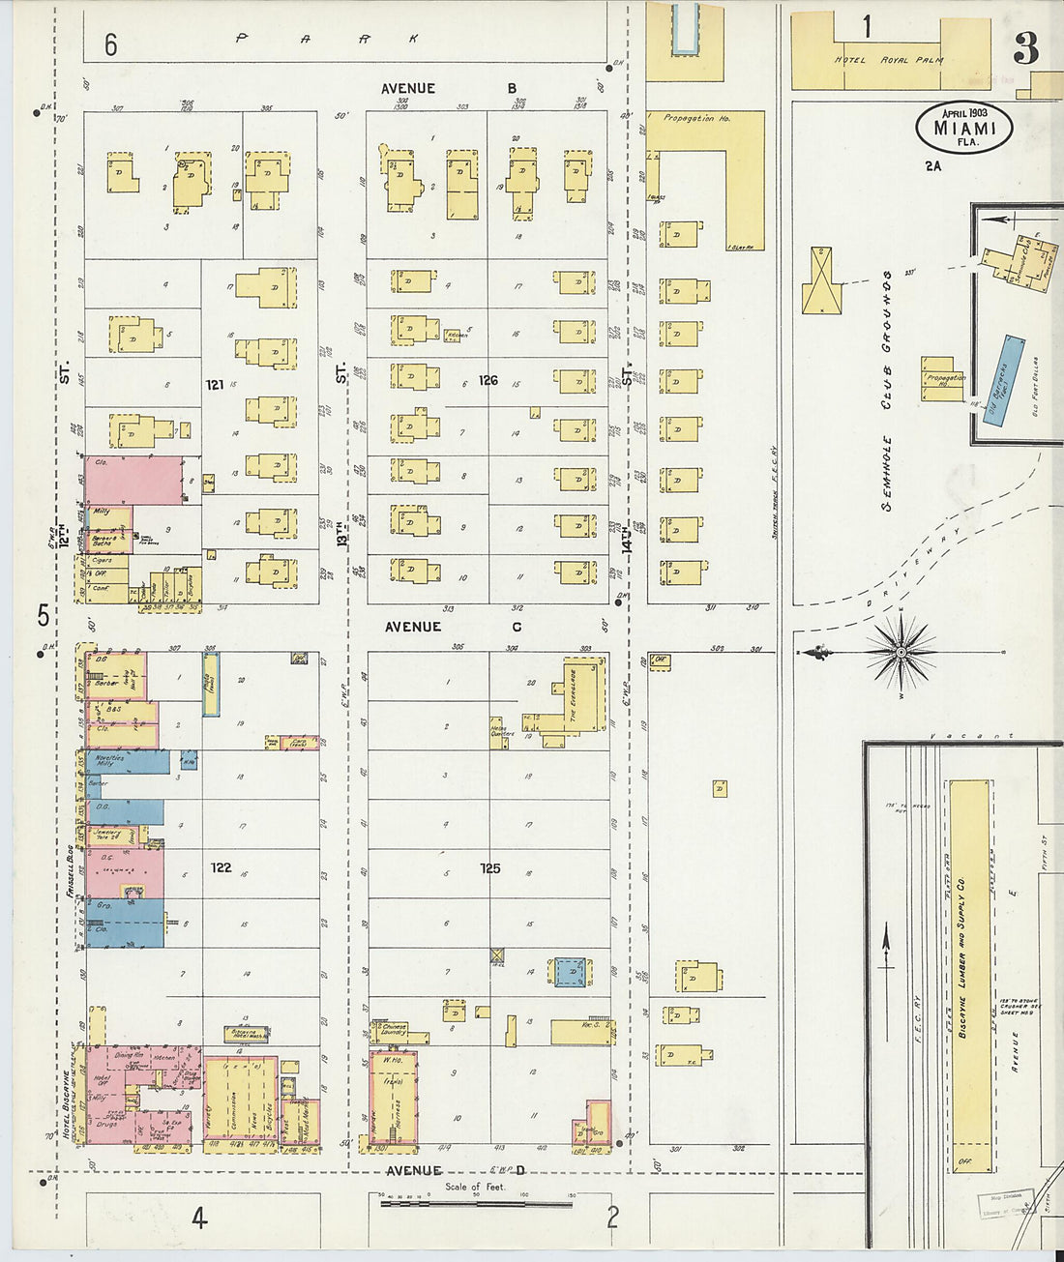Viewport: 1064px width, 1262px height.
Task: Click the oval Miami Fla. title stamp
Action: point(963,128)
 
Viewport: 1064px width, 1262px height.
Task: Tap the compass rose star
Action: point(901,652)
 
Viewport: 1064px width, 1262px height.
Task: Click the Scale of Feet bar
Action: point(476,1204)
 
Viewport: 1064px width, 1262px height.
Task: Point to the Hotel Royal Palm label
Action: point(888,60)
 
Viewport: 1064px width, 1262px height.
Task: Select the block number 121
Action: point(215,385)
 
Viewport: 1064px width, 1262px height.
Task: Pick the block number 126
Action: point(488,380)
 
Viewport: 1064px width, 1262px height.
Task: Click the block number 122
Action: point(221,867)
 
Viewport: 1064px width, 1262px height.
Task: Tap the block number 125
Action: point(490,868)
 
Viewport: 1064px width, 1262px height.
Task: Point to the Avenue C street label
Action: point(453,627)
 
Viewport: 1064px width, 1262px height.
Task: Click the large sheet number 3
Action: point(1025,48)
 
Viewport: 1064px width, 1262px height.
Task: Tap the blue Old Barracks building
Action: point(1003,381)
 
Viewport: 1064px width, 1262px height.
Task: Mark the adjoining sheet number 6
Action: point(111,44)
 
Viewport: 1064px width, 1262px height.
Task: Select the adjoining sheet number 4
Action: point(198,1218)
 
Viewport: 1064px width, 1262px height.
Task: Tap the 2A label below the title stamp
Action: point(932,166)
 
